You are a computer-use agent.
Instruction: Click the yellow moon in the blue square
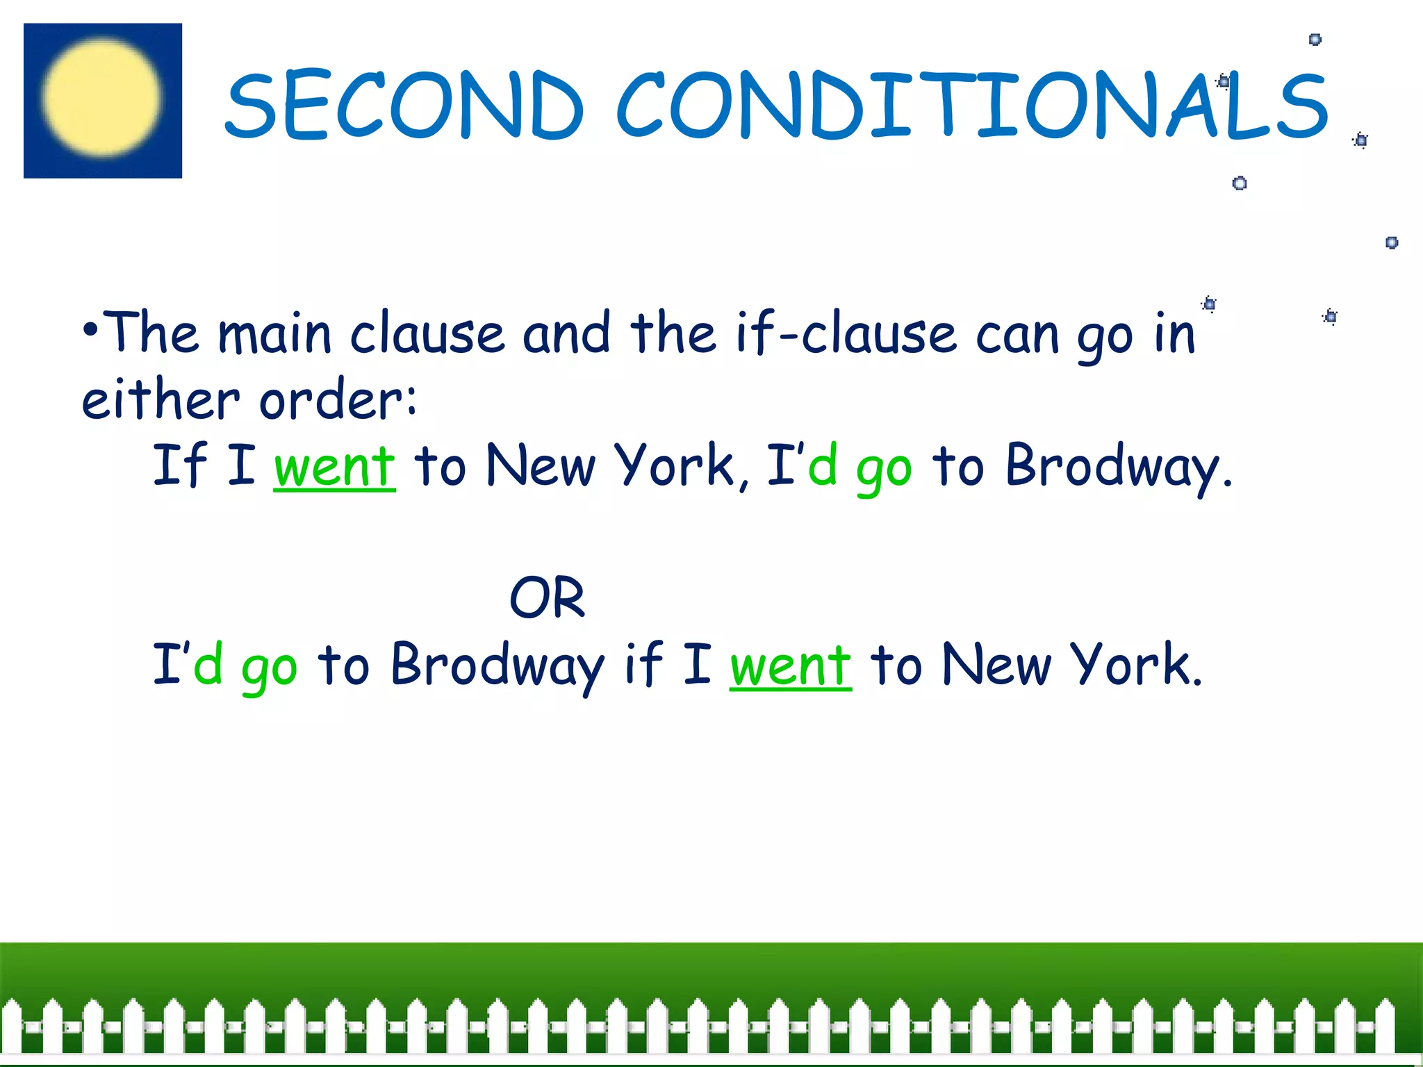101,97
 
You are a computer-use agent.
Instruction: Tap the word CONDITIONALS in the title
971,104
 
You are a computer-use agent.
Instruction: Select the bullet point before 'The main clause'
90,329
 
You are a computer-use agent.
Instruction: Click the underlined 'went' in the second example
790,665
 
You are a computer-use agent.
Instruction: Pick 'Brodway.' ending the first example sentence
1118,467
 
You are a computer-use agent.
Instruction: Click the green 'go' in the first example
884,469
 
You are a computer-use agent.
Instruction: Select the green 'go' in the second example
270,668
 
